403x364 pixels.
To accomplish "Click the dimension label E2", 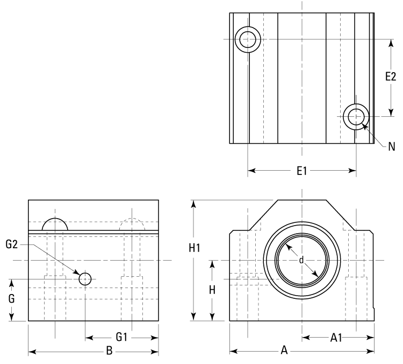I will click(x=391, y=76).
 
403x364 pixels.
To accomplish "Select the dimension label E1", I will click(x=301, y=171).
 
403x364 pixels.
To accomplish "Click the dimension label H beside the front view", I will click(x=212, y=289).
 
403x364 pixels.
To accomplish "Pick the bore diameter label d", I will click(x=301, y=260).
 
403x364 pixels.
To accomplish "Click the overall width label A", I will click(x=285, y=351).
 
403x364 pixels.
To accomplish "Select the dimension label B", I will click(x=109, y=352).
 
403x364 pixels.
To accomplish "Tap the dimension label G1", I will click(x=122, y=338).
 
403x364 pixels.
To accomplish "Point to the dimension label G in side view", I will click(x=11, y=298).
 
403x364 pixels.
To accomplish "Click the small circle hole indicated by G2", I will click(x=85, y=279).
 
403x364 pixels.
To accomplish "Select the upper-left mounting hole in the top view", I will click(x=248, y=39).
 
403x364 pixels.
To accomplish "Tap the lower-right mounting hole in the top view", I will click(x=355, y=116).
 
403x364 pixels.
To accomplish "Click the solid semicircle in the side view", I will click(x=55, y=225).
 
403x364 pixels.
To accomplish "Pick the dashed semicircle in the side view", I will click(x=132, y=225).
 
